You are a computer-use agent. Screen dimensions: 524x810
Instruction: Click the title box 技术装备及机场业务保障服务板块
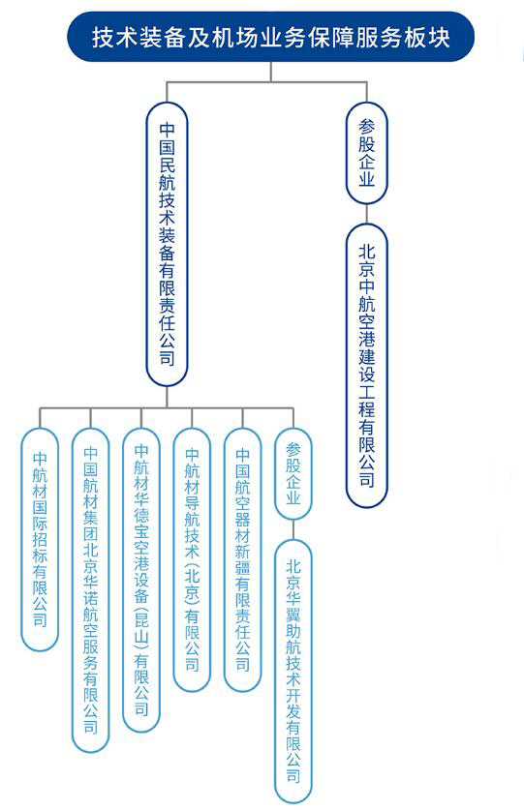point(270,37)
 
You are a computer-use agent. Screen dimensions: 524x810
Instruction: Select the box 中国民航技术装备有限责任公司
point(167,244)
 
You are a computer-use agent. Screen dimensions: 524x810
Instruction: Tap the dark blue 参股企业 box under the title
point(366,154)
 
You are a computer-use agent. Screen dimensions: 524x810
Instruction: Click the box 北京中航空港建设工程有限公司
point(366,365)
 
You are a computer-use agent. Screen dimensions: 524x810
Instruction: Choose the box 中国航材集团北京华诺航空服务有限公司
point(90,590)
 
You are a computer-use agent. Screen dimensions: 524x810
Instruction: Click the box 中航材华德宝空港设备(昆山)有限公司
point(141,580)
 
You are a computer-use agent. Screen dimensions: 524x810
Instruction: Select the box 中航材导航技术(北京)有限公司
point(192,559)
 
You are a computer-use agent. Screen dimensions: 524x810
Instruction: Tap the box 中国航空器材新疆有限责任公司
point(242,559)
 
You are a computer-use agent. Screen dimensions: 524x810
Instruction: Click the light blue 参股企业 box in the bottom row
point(293,473)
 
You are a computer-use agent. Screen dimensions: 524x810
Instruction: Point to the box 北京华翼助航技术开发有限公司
point(293,671)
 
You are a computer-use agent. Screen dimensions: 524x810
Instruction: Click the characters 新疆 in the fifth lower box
point(242,559)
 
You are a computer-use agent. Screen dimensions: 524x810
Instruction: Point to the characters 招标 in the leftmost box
point(40,548)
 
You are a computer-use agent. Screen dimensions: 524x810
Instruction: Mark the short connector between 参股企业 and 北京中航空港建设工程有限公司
point(366,214)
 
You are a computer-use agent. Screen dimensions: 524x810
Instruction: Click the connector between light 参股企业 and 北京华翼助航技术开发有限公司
point(293,530)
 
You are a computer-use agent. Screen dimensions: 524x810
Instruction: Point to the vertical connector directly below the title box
point(270,72)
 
